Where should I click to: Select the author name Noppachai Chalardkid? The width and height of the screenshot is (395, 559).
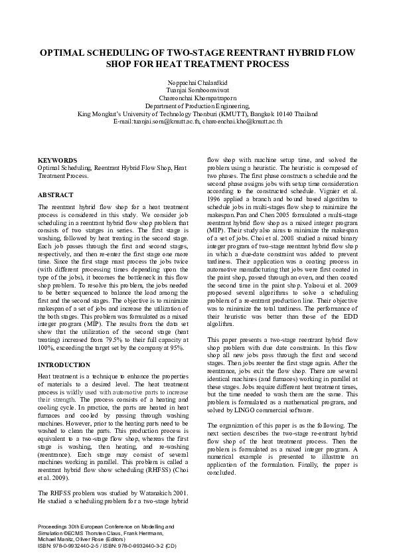[197, 82]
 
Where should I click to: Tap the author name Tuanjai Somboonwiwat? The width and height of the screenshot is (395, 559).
[197, 90]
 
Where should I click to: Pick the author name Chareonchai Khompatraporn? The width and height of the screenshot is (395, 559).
[197, 98]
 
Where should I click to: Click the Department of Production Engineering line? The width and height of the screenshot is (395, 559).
[197, 106]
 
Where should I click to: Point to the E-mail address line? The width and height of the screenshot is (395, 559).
[197, 121]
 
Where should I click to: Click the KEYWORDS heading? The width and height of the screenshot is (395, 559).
[57, 161]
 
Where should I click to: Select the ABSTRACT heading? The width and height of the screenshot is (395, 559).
[56, 196]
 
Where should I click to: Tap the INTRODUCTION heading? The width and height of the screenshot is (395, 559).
[64, 365]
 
